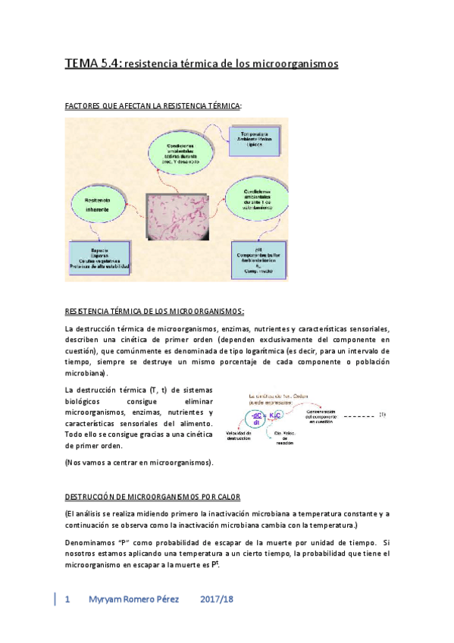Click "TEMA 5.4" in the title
(x=92, y=64)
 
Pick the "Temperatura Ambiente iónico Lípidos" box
(x=255, y=140)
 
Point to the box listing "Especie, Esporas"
(x=99, y=260)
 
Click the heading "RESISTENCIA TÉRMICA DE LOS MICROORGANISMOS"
(x=155, y=312)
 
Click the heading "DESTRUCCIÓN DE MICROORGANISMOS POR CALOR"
(x=152, y=497)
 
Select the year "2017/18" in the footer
(x=218, y=599)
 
